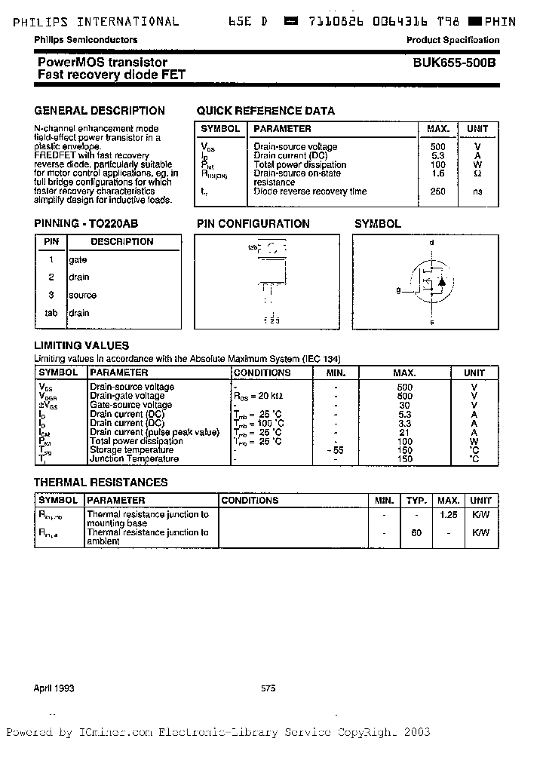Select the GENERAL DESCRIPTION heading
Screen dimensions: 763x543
point(100,111)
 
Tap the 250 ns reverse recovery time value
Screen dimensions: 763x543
point(438,192)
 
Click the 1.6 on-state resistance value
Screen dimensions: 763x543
point(438,173)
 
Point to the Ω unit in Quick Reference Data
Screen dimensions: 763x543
point(477,173)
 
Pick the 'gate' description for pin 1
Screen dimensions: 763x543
point(78,259)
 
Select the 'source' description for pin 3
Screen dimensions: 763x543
point(82,295)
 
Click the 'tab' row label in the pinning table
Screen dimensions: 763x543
point(51,313)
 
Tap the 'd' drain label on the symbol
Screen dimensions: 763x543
point(431,243)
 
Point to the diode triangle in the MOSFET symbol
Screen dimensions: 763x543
point(443,282)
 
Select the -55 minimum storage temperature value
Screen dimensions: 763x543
point(336,450)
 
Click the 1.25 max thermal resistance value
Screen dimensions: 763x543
point(448,514)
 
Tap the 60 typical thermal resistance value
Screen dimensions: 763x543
point(416,532)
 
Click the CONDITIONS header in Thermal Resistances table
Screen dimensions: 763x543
point(250,500)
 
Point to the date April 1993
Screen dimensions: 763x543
point(54,688)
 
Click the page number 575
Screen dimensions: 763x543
point(268,688)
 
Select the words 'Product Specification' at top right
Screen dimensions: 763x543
point(452,40)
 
